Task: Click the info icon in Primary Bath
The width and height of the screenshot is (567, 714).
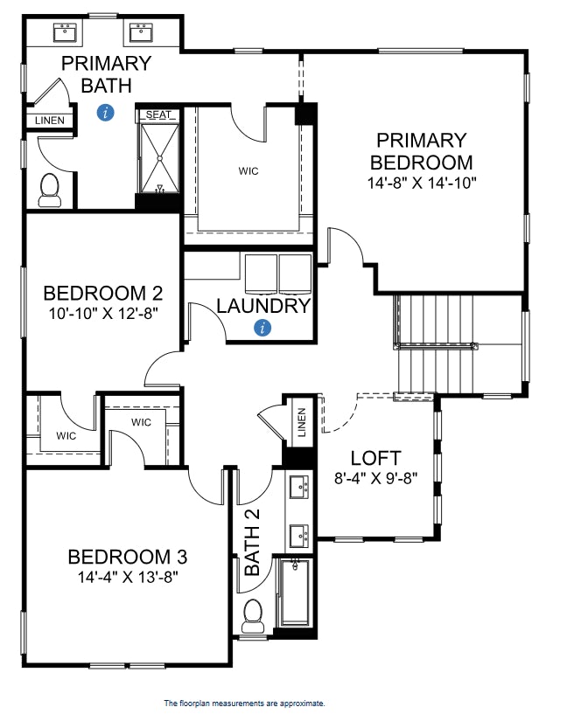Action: pyautogui.click(x=106, y=112)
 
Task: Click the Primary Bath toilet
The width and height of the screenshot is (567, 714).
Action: pyautogui.click(x=50, y=190)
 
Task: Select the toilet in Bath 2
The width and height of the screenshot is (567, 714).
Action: pyautogui.click(x=254, y=614)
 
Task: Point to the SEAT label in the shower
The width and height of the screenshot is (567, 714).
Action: pyautogui.click(x=158, y=114)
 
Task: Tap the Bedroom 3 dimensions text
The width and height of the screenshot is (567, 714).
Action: pyautogui.click(x=127, y=577)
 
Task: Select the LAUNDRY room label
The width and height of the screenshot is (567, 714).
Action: pyautogui.click(x=263, y=306)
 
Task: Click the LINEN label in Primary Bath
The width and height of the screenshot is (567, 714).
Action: pyautogui.click(x=49, y=121)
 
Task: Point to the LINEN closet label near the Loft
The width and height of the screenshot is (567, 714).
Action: pyautogui.click(x=301, y=422)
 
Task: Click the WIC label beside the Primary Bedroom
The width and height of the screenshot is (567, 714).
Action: pyautogui.click(x=248, y=171)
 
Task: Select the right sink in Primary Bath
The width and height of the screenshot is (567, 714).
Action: pyautogui.click(x=141, y=33)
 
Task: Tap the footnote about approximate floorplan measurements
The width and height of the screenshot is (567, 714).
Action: pyautogui.click(x=244, y=702)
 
